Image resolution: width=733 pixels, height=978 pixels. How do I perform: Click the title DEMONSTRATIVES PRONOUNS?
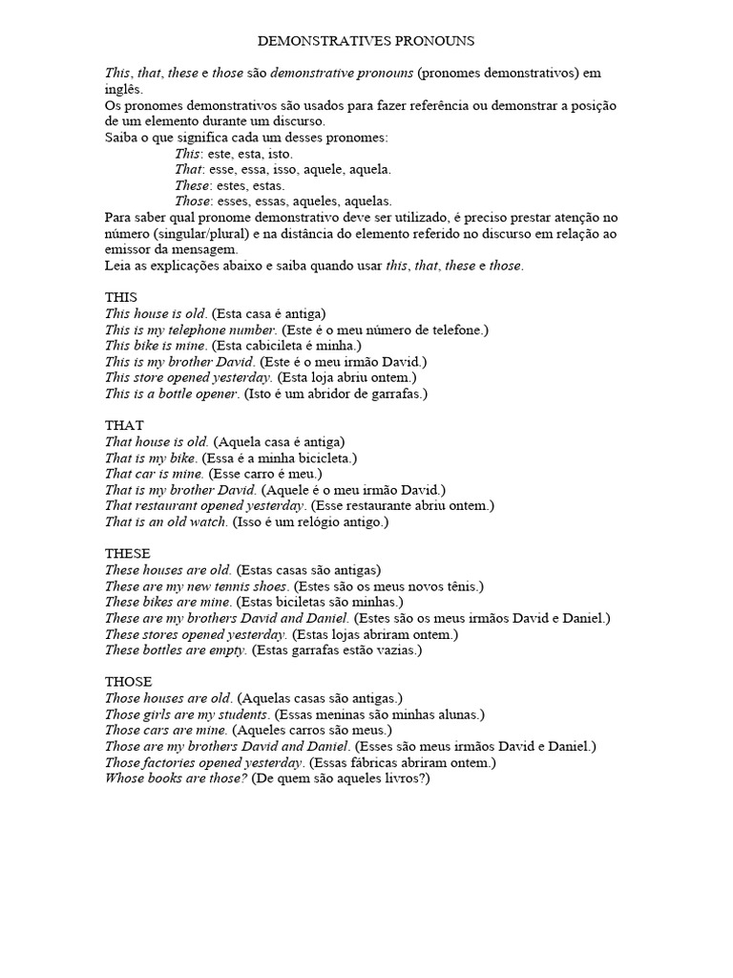click(x=366, y=42)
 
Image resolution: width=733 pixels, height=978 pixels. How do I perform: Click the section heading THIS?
click(x=121, y=297)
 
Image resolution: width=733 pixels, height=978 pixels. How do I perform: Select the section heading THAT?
click(x=124, y=425)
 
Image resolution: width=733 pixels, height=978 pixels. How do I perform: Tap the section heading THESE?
click(x=127, y=553)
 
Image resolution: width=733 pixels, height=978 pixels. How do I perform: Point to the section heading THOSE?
click(x=128, y=681)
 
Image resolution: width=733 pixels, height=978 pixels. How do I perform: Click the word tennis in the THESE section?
click(x=233, y=585)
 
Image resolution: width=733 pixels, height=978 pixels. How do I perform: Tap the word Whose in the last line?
click(x=123, y=778)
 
